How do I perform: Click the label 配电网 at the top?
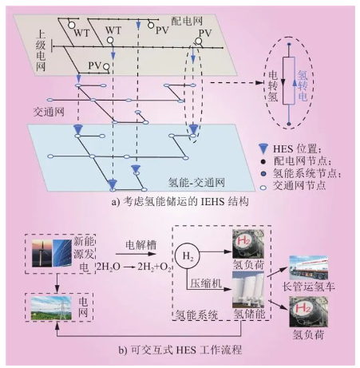tap(187, 21)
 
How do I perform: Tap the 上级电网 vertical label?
tap(41, 51)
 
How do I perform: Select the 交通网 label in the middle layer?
tap(49, 112)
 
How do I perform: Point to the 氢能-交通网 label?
tap(196, 183)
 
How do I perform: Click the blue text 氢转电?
tap(303, 86)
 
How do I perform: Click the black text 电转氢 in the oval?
tap(273, 86)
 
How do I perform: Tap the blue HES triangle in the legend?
tap(263, 148)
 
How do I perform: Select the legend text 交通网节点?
tap(299, 185)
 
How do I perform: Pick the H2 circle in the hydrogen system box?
tap(188, 255)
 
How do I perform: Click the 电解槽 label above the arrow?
tap(141, 245)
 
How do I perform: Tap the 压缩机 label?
tap(206, 283)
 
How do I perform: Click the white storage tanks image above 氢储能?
tap(248, 290)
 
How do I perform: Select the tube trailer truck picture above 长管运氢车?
tap(308, 268)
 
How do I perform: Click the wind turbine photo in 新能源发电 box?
tap(42, 253)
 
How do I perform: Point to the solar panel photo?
tap(62, 253)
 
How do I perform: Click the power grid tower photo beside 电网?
tap(51, 308)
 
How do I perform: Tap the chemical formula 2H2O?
tap(109, 267)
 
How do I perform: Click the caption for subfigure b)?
tap(180, 350)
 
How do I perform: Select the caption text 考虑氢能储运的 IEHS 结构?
tap(185, 201)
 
